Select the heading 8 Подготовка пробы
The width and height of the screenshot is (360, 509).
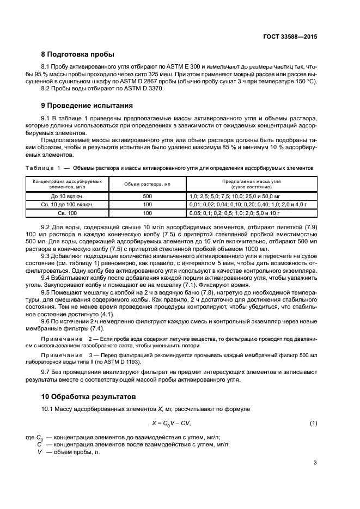78,54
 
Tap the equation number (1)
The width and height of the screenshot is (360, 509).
313,424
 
